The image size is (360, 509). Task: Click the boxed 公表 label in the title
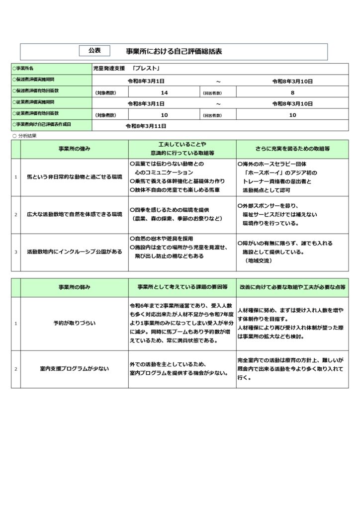click(x=94, y=50)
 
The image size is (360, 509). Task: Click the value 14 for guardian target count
click(x=165, y=92)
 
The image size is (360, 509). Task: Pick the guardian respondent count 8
click(x=292, y=92)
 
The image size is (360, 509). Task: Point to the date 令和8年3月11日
click(x=146, y=126)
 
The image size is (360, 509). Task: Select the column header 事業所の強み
click(x=74, y=149)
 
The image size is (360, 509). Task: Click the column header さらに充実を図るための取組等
click(x=293, y=149)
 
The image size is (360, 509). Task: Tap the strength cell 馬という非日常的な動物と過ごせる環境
click(x=74, y=177)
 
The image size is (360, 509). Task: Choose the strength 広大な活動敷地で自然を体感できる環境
click(x=74, y=214)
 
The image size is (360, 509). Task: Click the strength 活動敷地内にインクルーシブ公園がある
click(x=74, y=252)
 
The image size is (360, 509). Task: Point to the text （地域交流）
click(x=259, y=260)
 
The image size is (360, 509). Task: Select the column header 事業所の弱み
click(x=74, y=287)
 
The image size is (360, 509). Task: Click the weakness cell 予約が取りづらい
click(x=74, y=323)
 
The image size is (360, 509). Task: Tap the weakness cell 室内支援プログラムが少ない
click(x=74, y=369)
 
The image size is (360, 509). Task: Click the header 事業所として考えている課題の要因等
click(x=182, y=287)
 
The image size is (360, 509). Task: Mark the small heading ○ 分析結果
click(x=24, y=135)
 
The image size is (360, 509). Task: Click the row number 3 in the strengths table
click(x=16, y=252)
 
